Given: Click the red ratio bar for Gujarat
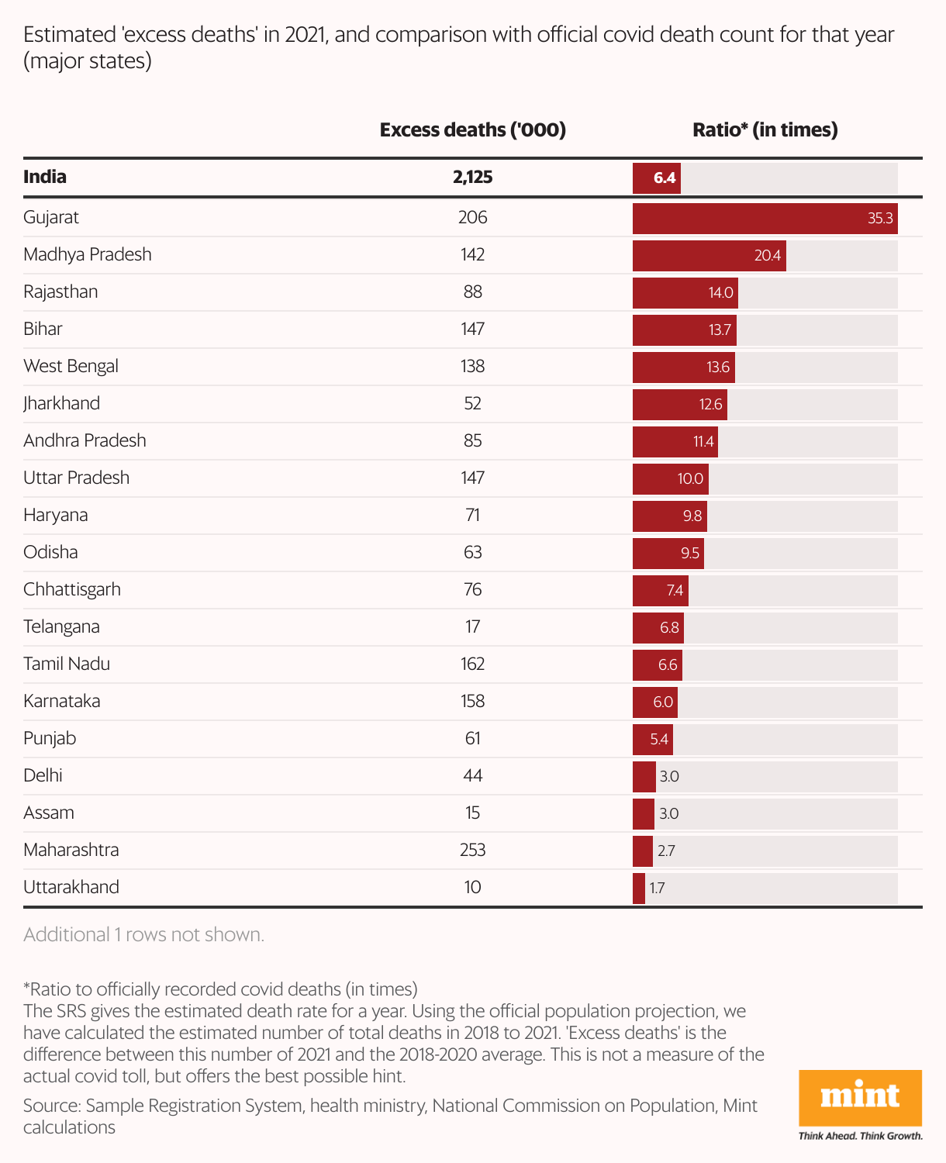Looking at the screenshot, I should click(765, 218).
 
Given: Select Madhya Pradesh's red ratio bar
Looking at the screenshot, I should click(709, 255).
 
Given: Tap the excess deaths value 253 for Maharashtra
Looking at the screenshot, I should click(472, 850).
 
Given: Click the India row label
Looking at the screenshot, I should click(45, 177).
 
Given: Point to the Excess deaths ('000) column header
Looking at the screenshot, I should click(472, 129).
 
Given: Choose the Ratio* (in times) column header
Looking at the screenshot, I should click(765, 129).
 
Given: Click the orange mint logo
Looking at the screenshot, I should click(860, 1097).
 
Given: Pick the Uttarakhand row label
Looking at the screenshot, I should click(71, 887).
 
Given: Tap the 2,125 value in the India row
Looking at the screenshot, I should click(472, 177).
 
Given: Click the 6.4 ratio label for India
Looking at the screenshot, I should click(665, 178).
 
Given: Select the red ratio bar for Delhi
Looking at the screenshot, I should click(644, 776).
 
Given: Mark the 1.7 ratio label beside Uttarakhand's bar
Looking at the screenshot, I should click(657, 888).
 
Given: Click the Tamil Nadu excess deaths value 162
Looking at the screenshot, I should click(472, 664).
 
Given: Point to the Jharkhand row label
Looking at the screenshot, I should click(61, 403).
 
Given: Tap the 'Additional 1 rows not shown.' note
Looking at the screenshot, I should click(143, 934).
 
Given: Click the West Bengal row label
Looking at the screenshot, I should click(71, 366).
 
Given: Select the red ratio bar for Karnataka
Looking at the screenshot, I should click(654, 702).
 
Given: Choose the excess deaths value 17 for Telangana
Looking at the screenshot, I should click(472, 626).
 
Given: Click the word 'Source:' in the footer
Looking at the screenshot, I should click(52, 1105).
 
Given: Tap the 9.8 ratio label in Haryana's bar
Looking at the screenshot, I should click(692, 516).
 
